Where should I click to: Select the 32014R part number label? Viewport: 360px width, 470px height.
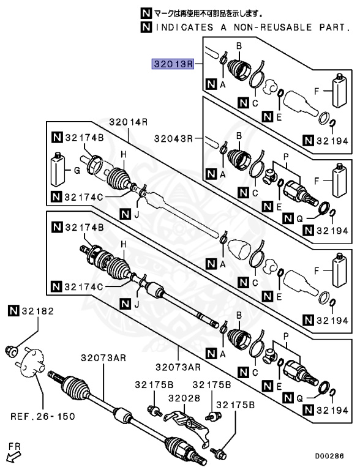pos(129,122)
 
